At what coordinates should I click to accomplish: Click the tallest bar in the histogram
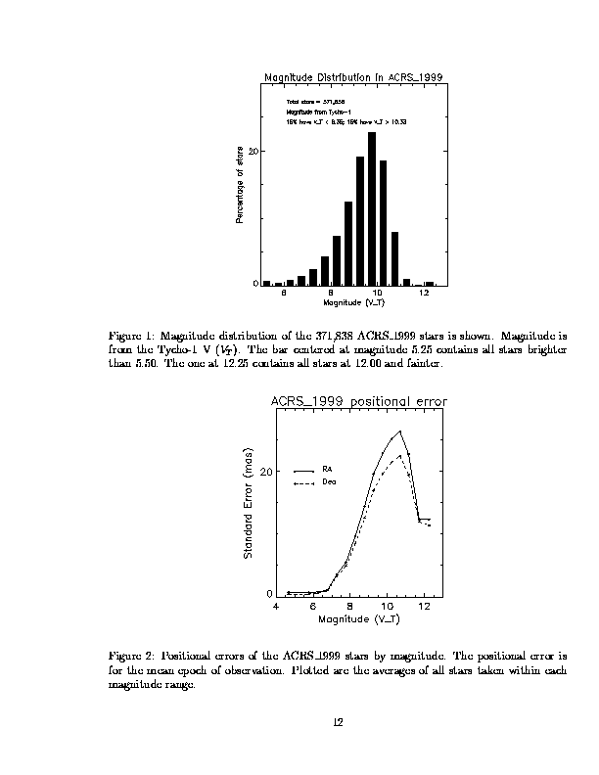point(372,207)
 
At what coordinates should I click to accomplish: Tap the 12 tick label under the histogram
point(424,293)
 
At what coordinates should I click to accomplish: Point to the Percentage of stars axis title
point(241,184)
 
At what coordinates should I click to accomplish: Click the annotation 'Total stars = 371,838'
point(315,101)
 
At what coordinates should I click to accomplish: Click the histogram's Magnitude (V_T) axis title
point(353,303)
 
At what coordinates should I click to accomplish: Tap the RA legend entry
point(328,470)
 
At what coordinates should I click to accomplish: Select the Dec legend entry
point(329,482)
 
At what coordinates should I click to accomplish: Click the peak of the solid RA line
point(399,432)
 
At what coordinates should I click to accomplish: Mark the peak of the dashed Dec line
point(399,455)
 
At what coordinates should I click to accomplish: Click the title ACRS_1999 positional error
point(358,401)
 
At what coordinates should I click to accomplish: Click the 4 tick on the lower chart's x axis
point(276,606)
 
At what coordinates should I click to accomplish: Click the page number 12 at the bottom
point(338,722)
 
